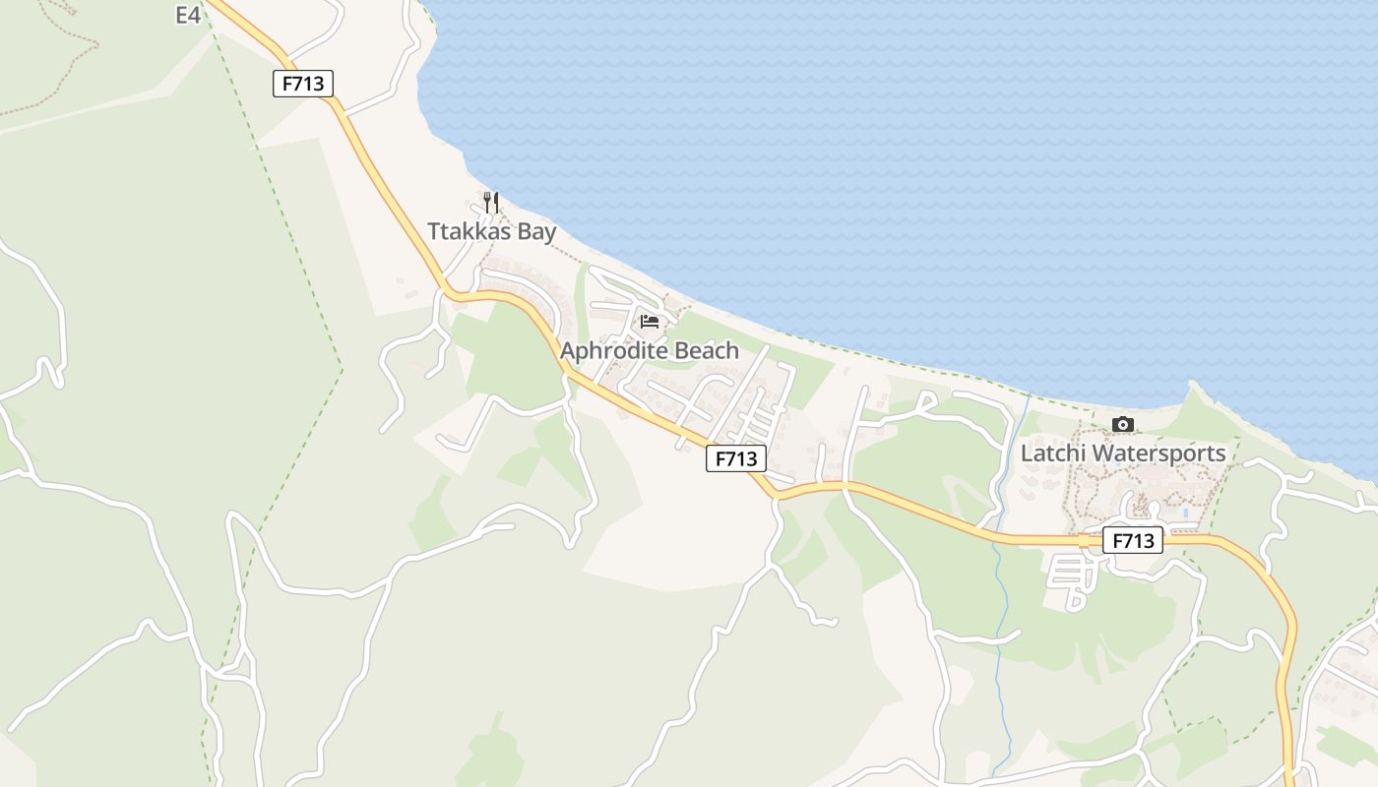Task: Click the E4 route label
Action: coord(188,15)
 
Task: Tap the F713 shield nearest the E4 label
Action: coord(303,84)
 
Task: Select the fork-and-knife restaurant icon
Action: coord(491,203)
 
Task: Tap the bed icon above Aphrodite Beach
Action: coord(649,321)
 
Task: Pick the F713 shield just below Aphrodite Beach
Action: coord(735,457)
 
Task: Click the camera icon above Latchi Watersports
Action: coord(1122,424)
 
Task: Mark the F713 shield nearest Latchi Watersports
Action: coord(1133,540)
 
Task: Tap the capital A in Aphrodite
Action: coord(569,350)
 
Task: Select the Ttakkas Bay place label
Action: coord(491,232)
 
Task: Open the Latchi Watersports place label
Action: coord(1123,454)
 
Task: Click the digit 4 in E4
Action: coord(195,15)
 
